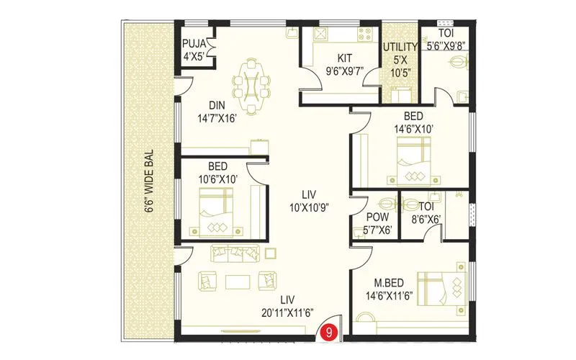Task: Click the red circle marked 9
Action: pyautogui.click(x=329, y=333)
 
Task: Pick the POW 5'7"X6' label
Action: pyautogui.click(x=378, y=223)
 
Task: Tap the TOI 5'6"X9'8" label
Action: pyautogui.click(x=447, y=40)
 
